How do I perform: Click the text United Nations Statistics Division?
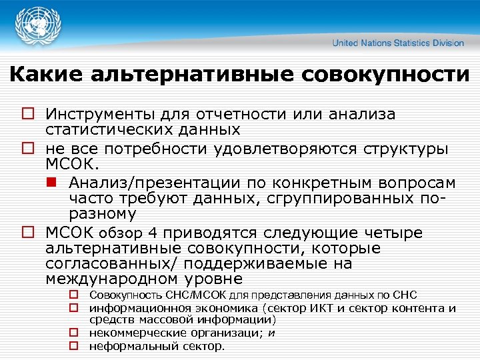398,43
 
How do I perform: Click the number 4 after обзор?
153,233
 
